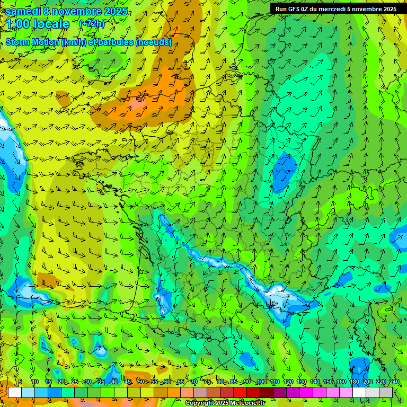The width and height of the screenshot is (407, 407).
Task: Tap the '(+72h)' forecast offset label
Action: [91, 23]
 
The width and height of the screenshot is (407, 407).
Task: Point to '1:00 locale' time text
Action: [38, 24]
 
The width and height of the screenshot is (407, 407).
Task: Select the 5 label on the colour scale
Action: [20, 382]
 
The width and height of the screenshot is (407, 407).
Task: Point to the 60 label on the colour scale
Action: [167, 382]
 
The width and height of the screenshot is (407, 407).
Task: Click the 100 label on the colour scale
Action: [261, 382]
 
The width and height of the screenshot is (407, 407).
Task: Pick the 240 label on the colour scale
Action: [394, 382]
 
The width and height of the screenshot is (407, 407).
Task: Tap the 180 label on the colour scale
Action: [354, 382]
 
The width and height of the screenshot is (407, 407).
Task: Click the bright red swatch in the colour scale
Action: [240, 392]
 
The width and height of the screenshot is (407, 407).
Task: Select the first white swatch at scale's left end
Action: [15, 392]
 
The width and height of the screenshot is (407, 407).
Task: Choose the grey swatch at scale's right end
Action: [386, 392]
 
